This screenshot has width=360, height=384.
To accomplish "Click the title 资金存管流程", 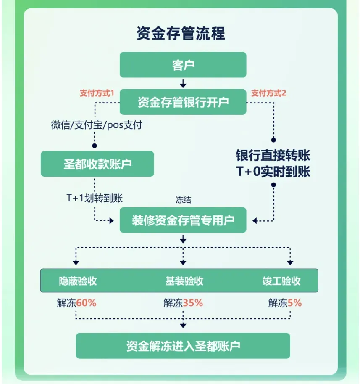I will (x=181, y=33).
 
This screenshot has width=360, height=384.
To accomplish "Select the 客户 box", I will (x=183, y=65).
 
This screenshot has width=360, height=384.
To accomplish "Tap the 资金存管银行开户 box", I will (x=183, y=102).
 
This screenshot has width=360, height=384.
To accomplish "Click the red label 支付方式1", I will (x=97, y=93).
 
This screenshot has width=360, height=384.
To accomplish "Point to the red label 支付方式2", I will (x=268, y=93).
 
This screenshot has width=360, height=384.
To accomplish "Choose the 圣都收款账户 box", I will (x=97, y=164).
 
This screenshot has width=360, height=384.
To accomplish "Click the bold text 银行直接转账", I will (x=273, y=156).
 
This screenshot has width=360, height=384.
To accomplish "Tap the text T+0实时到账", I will (x=273, y=172).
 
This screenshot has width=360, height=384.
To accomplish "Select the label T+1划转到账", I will (x=95, y=199).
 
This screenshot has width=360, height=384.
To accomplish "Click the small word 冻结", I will (x=183, y=200).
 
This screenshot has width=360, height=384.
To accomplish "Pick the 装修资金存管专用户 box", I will (x=183, y=220).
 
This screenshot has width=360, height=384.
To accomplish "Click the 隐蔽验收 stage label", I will (x=78, y=281).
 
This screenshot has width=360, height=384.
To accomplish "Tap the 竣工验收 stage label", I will (x=281, y=281).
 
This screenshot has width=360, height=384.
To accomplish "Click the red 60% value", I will (x=87, y=303).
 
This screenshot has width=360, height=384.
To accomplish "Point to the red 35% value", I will (x=193, y=303).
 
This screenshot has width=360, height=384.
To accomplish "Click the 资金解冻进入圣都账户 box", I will (x=183, y=346).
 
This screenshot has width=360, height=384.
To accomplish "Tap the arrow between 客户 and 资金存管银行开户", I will (x=183, y=83).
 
